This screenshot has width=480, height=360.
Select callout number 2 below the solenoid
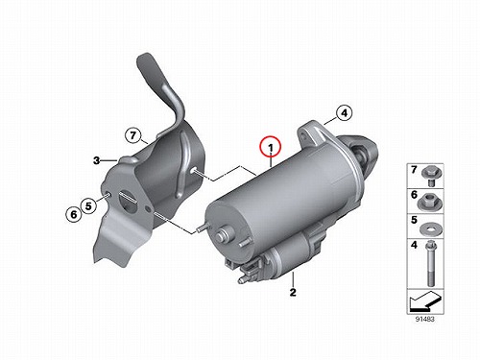point(293,292)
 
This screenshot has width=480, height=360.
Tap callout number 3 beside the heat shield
point(97,160)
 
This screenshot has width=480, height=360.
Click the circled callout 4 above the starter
point(344,113)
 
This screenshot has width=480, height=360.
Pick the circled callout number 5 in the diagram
point(88,205)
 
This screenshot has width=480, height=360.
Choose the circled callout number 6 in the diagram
point(74,214)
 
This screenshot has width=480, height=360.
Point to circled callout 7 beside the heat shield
point(133,135)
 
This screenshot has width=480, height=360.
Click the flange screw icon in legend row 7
point(430,177)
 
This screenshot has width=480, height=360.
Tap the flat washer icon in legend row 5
point(430,228)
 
